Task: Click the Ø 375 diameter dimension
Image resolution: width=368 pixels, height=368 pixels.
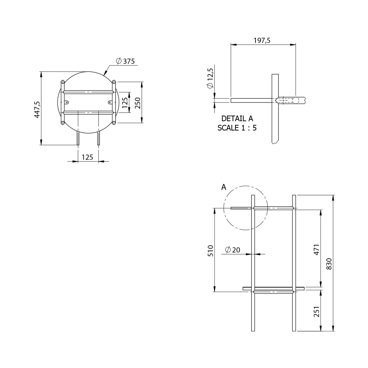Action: pos(125,61)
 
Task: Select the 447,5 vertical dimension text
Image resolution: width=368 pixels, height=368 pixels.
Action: pos(37,109)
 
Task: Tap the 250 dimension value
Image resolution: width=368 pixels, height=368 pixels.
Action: pos(137,103)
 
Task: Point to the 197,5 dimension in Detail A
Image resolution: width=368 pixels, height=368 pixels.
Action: pos(262,41)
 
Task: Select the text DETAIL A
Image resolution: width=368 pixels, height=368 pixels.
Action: pos(237,119)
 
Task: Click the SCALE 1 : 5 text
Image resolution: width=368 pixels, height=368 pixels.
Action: pos(237,128)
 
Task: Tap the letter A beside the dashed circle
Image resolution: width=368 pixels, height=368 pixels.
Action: pos(224,187)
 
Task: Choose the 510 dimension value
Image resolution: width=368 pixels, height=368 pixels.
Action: pos(211,250)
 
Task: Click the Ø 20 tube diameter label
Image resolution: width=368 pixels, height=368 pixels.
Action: pos(233,250)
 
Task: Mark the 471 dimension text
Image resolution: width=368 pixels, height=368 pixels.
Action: pos(316,249)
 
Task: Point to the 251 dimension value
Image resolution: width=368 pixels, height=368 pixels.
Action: pos(316,311)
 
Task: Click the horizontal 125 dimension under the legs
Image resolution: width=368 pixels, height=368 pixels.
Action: pos(87,157)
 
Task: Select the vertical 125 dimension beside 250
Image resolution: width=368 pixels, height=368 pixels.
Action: pos(125,103)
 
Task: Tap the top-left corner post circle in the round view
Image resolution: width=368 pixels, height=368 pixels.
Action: pos(63,82)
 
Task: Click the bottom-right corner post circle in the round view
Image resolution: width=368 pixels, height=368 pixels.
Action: pos(114,123)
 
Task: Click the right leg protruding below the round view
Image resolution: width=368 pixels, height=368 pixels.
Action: pos(98,138)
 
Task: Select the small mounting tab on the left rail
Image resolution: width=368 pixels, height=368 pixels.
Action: pos(66,102)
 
